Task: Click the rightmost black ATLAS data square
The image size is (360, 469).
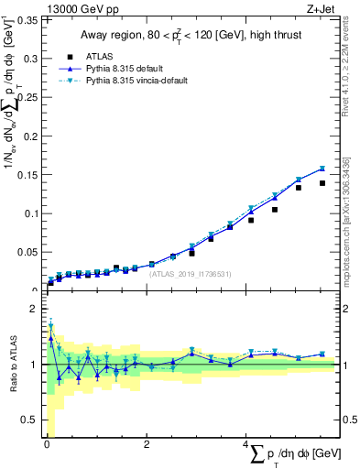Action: pos(322,183)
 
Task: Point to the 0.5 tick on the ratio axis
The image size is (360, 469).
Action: pos(30,420)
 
